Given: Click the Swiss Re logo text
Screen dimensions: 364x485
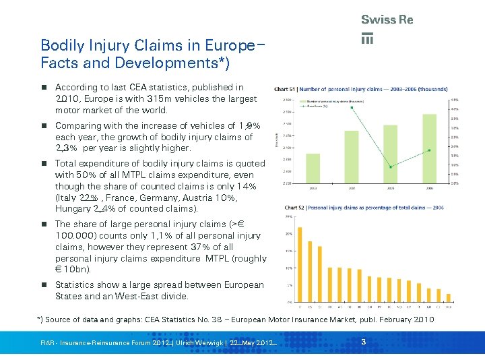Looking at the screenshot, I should tap(387, 20).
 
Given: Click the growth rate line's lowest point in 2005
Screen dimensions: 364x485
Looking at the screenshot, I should tap(389, 166).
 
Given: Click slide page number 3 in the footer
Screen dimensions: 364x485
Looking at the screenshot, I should tap(363, 343).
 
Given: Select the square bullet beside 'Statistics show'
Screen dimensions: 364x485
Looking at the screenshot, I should tap(44, 285).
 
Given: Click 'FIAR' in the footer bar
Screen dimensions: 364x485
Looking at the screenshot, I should tap(48, 344).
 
